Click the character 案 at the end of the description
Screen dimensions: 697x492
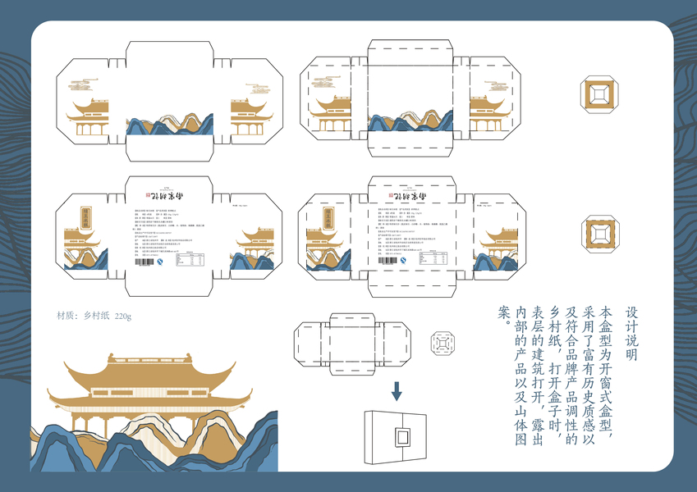point(505,312)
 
